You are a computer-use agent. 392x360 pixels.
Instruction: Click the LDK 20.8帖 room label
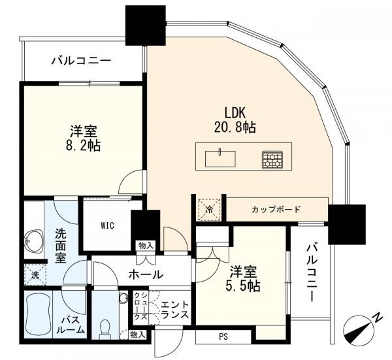[x=235, y=120]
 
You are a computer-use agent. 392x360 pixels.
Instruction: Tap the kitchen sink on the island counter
[x=220, y=159]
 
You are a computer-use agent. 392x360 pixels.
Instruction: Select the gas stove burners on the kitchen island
[x=272, y=159]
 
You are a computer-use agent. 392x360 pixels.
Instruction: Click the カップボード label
[x=276, y=209]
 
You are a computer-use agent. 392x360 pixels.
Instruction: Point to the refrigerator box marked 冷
[x=209, y=210]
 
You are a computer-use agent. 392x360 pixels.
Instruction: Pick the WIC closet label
[x=108, y=225]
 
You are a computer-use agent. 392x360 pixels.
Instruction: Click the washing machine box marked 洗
[x=35, y=274]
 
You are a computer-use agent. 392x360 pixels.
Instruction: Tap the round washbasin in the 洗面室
[x=33, y=241]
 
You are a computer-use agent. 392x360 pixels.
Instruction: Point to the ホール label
[x=146, y=275]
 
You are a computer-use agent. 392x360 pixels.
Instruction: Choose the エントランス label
[x=175, y=310]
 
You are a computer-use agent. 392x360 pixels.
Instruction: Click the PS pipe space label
[x=223, y=336]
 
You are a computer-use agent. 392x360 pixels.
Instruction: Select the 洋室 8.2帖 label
[x=84, y=139]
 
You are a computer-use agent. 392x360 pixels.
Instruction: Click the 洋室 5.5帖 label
[x=243, y=279]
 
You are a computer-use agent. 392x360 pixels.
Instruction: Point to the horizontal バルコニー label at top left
[x=81, y=61]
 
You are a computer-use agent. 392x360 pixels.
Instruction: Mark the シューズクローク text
[x=140, y=306]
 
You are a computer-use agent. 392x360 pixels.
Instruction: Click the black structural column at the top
[x=145, y=25]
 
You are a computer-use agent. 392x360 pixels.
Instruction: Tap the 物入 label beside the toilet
[x=137, y=335]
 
